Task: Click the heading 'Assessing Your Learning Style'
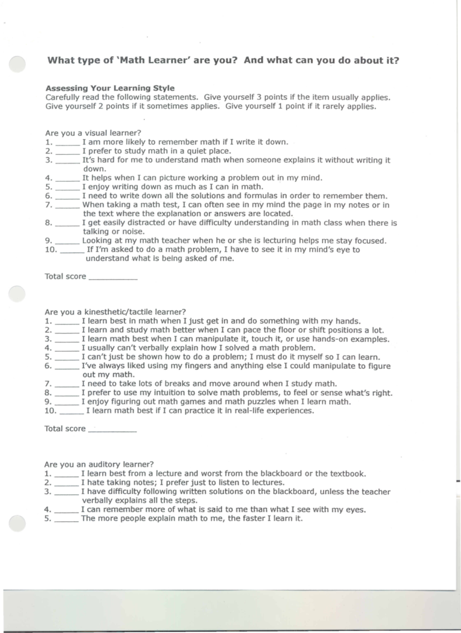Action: click(110, 88)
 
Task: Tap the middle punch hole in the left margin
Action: click(17, 294)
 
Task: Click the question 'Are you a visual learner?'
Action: click(93, 133)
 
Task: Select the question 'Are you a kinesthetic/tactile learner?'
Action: click(115, 312)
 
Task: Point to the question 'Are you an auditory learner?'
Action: click(99, 464)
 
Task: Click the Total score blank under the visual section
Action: click(113, 278)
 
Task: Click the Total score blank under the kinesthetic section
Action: click(112, 430)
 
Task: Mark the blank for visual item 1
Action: click(68, 143)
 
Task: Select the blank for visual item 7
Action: click(68, 207)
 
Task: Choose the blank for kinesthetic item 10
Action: click(72, 412)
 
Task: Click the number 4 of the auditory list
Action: click(48, 510)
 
